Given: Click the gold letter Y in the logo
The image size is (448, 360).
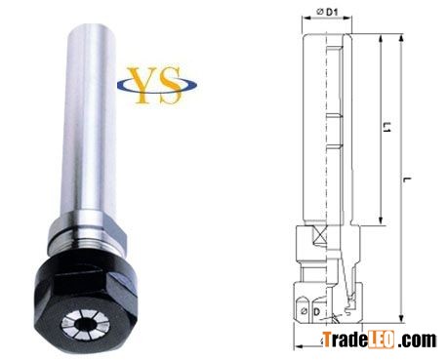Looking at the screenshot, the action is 141,85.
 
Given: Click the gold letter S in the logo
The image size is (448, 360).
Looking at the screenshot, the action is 169,85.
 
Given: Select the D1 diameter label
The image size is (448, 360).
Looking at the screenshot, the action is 328,13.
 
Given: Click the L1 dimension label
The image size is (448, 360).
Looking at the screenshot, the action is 387,127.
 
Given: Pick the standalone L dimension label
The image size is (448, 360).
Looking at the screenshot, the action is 407,180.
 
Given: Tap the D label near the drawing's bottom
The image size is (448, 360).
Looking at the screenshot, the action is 316,311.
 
